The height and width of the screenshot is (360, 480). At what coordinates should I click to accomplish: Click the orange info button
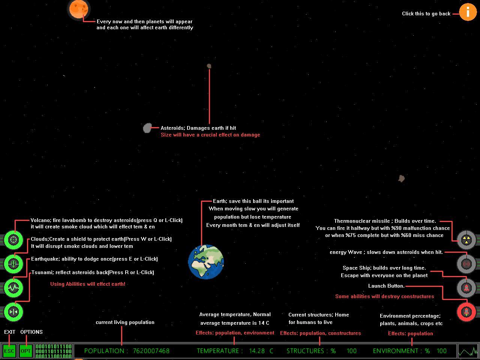pos(468,12)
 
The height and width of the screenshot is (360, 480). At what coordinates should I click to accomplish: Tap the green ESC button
pos(9,351)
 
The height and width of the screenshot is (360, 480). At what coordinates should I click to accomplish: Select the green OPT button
pos(25,351)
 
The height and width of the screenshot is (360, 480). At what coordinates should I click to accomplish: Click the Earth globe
pos(206,262)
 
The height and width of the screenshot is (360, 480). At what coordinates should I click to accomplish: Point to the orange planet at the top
pos(78,9)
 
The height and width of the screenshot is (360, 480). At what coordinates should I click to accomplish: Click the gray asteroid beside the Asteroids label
pos(147,128)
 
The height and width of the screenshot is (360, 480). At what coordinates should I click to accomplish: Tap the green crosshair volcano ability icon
pos(13,240)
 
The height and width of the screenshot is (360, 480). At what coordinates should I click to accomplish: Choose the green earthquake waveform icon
pos(13,288)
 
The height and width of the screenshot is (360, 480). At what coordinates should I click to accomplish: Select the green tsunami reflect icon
pos(13,312)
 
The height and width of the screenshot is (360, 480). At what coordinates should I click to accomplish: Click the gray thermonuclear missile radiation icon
pos(466,240)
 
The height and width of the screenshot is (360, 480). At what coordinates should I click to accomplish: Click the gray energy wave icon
pos(466,264)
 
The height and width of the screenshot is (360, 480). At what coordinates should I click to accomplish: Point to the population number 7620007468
pos(151,351)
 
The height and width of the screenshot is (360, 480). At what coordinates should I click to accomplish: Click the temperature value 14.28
pos(257,351)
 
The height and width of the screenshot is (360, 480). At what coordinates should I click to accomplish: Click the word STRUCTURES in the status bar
pos(305,351)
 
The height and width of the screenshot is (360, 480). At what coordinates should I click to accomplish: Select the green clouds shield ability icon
pos(13,264)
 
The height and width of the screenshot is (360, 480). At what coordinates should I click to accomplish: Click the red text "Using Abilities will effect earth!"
pos(88,284)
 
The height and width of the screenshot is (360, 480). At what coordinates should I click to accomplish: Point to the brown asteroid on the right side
pos(402,178)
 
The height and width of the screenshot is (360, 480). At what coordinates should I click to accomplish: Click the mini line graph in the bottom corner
pos(468,351)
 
